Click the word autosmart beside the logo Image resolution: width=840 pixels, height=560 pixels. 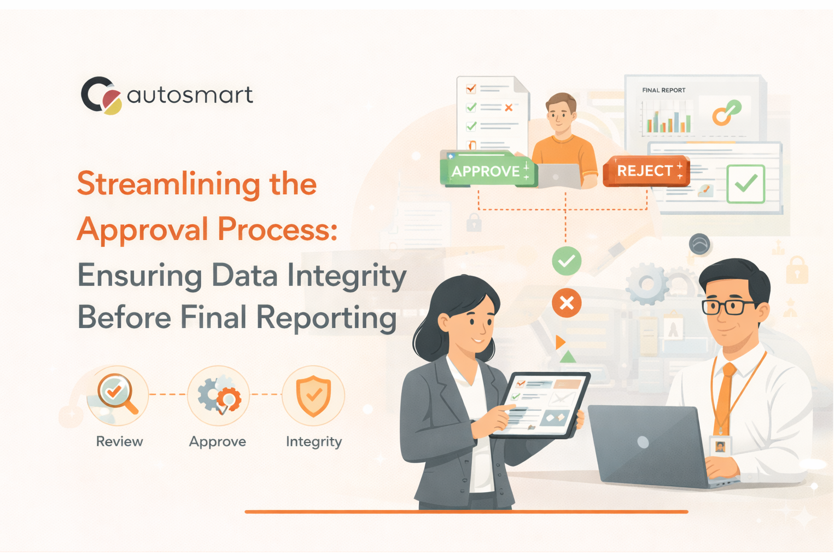pos(190,95)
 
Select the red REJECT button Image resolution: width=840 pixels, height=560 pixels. pos(646,171)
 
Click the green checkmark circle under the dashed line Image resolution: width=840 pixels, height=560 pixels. pos(567,261)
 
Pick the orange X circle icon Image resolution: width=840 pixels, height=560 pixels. pos(567,302)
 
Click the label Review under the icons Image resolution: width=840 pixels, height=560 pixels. pos(119,441)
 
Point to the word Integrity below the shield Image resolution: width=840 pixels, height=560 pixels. pos(314,441)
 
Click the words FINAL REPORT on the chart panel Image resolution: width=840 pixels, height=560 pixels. pos(663,90)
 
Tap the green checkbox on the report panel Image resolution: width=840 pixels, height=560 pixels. pos(745,184)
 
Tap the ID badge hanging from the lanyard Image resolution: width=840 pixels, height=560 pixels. pos(720,446)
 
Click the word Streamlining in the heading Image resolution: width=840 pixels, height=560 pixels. pos(168,184)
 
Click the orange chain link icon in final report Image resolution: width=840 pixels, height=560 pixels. pos(726,112)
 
